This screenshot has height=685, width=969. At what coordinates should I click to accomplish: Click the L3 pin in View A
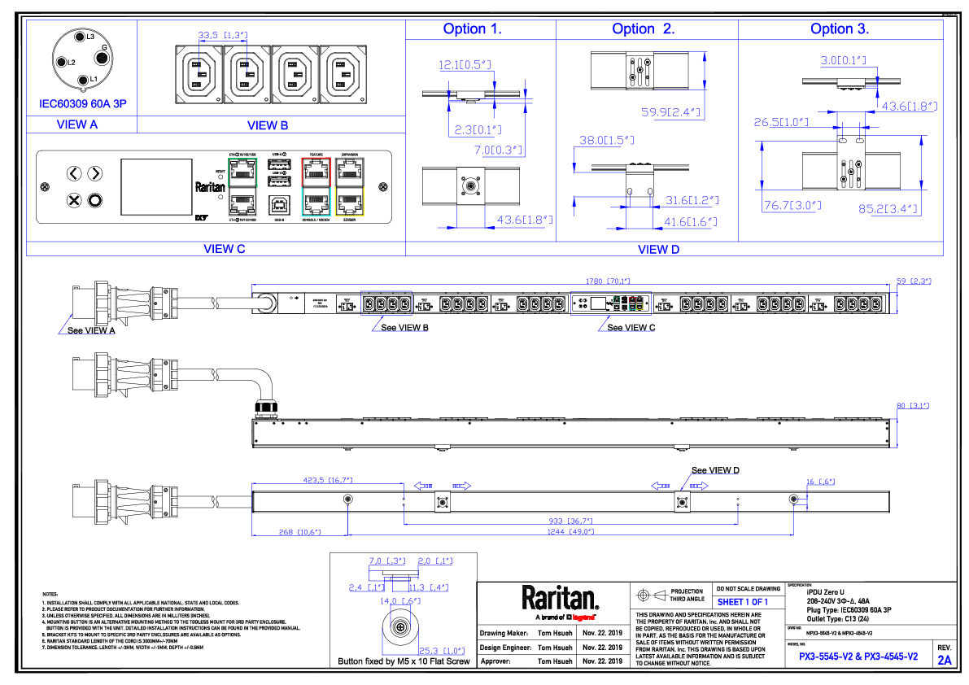click(81, 37)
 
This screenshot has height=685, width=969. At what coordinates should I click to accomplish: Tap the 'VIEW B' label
click(268, 125)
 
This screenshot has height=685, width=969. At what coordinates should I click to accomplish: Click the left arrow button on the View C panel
click(74, 173)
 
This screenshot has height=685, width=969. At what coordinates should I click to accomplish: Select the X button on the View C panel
click(74, 199)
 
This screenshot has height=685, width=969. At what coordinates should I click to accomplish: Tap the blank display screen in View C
click(156, 187)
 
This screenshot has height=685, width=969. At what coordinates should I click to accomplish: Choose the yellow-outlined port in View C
click(350, 200)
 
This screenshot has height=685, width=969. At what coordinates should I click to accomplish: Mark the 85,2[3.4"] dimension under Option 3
click(888, 208)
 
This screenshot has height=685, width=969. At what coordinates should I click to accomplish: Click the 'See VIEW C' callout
click(631, 327)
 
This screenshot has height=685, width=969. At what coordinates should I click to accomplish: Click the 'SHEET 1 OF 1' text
click(742, 601)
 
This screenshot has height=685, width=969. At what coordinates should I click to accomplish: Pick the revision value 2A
click(944, 660)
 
